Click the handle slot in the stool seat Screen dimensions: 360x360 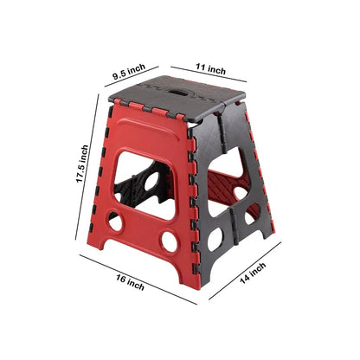[183, 90]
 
